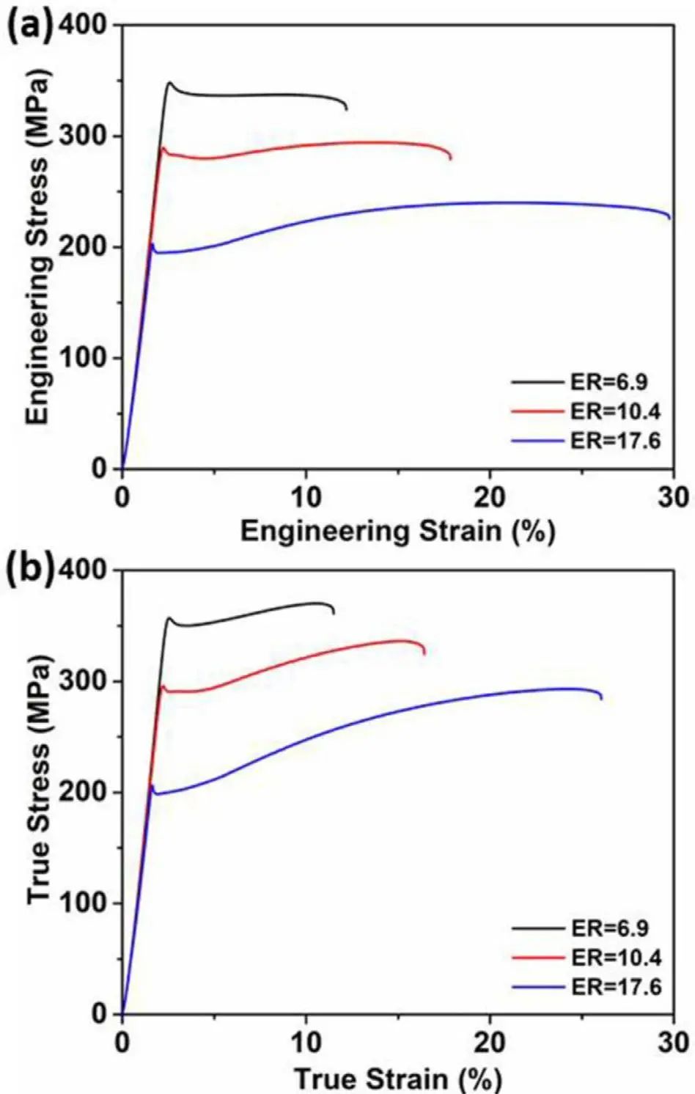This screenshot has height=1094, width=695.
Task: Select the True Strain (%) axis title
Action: [397, 1079]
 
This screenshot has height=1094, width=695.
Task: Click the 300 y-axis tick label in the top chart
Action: [87, 136]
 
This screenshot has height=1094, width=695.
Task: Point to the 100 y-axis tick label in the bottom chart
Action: [87, 903]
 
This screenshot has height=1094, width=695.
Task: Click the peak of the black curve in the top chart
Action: [170, 82]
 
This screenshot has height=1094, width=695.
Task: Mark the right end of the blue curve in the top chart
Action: [669, 217]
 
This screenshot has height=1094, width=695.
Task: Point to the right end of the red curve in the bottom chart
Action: [424, 653]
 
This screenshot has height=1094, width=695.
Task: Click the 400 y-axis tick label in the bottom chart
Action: [87, 570]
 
